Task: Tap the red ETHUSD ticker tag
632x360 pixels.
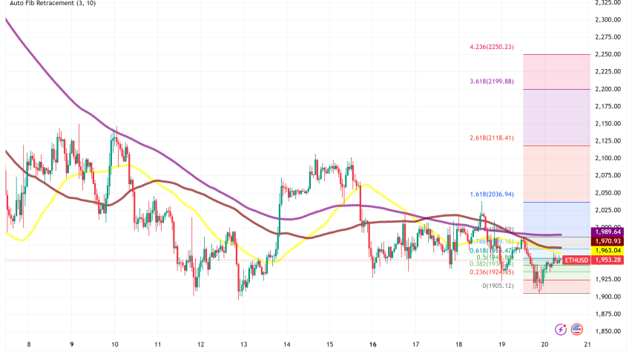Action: coord(575,260)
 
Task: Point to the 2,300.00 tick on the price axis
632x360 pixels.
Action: coord(608,20)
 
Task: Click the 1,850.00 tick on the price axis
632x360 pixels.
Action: coord(608,332)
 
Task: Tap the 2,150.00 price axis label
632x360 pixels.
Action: coord(608,124)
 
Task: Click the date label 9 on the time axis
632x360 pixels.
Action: coord(72,344)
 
